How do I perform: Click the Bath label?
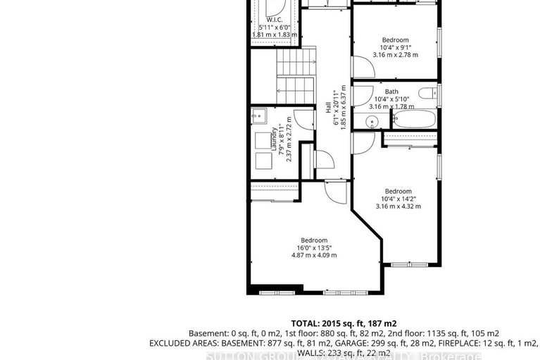[391, 92]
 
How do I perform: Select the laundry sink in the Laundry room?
[259, 116]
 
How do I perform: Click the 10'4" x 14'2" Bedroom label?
[398, 191]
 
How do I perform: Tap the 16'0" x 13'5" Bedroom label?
[314, 240]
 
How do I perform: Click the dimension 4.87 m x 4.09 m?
[314, 255]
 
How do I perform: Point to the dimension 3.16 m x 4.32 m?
[398, 206]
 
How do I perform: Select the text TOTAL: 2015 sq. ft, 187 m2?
[344, 322]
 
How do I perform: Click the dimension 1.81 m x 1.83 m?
[275, 35]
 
